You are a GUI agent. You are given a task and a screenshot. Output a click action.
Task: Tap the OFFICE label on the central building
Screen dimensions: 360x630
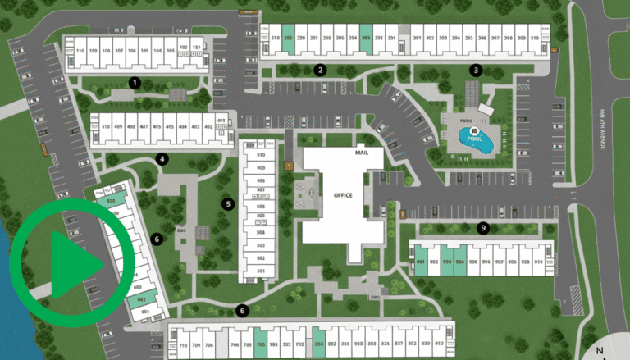343,195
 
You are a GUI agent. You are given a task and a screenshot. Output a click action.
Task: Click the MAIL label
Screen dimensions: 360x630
362,153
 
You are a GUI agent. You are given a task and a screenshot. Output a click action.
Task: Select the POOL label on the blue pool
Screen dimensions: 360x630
474,139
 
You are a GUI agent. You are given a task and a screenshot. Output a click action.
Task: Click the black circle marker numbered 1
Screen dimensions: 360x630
135,82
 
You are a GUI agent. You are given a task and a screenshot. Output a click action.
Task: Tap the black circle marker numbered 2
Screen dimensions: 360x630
321,71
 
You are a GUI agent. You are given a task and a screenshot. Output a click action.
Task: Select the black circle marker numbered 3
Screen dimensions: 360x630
476,71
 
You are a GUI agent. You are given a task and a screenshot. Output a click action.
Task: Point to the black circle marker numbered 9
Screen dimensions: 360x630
483,227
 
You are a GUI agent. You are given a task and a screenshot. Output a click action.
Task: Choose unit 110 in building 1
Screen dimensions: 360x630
80,50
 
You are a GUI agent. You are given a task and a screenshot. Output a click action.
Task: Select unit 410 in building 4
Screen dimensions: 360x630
106,127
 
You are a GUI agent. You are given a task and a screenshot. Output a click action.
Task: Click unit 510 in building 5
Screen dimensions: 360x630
261,155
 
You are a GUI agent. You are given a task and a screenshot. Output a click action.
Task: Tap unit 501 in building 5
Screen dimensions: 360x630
261,271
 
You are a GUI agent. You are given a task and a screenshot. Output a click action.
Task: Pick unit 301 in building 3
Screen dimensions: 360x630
418,39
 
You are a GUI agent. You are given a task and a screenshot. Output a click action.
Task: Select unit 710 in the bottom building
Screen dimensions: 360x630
184,344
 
